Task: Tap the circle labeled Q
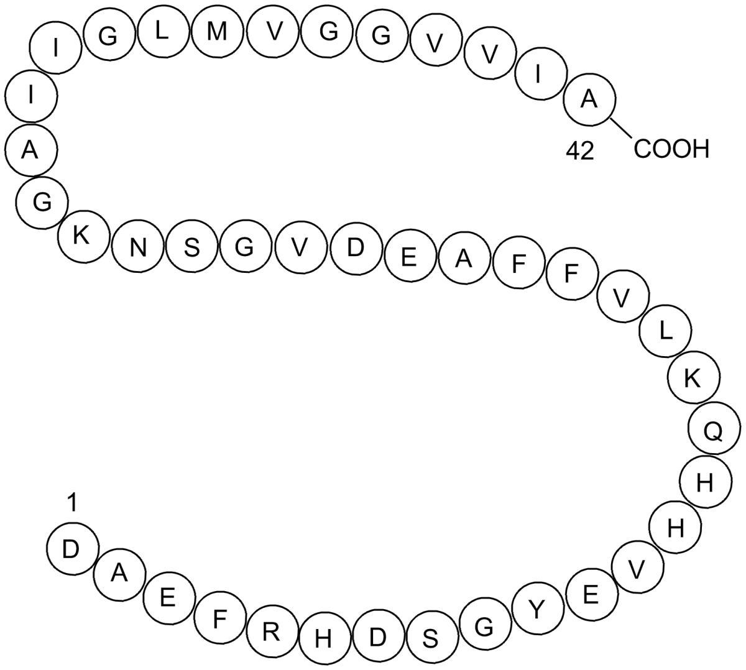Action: [x=714, y=428]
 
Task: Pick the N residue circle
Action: [x=138, y=246]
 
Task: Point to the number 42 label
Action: [x=580, y=151]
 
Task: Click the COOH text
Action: [x=671, y=149]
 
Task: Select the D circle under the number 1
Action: [x=73, y=549]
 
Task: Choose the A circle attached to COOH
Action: [x=589, y=99]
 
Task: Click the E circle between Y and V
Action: [x=592, y=595]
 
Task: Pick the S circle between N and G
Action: [x=192, y=246]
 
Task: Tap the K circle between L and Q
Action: [x=693, y=377]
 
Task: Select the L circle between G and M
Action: [x=163, y=32]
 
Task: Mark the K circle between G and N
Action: [x=84, y=237]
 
